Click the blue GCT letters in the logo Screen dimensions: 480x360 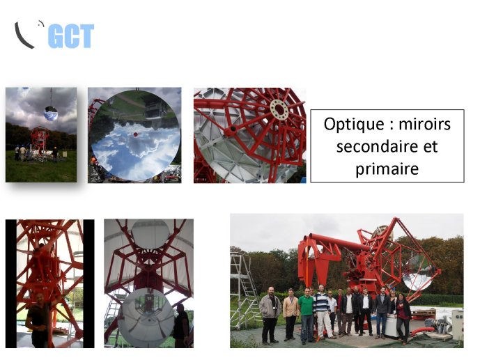click(71, 36)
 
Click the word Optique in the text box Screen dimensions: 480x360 click(354, 125)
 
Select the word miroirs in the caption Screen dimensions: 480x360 click(424, 124)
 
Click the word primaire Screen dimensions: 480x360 click(387, 169)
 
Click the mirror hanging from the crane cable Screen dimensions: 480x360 click(51, 114)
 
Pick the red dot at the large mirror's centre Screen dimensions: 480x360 click(135, 134)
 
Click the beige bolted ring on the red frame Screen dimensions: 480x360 click(279, 109)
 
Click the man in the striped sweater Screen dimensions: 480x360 click(322, 311)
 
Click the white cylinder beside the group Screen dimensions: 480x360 click(392, 326)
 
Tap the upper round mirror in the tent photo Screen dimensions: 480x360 click(150, 234)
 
